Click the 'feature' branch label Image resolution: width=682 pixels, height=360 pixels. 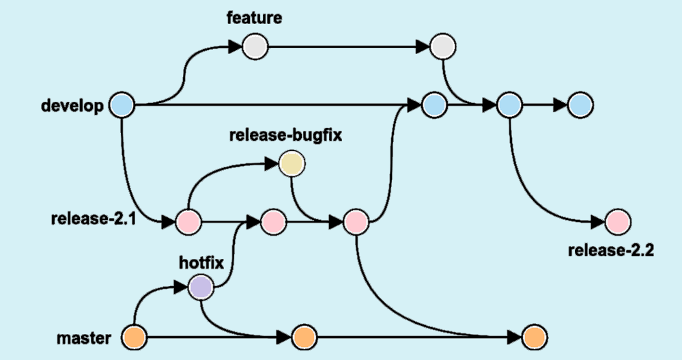pos(254,18)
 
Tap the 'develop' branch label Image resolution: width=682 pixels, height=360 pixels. pos(72,106)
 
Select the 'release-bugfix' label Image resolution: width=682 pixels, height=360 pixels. pos(285,134)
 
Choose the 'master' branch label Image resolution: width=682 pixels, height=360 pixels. pos(83,337)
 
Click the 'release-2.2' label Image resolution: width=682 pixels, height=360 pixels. pos(611,250)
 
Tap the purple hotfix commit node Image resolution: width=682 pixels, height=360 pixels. pos(201,287)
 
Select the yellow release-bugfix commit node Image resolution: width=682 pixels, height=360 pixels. pos(292,164)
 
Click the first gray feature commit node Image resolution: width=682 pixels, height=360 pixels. pos(255,47)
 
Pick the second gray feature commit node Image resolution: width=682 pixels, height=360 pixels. pos(442,47)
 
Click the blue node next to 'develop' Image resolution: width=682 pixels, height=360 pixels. pos(122,105)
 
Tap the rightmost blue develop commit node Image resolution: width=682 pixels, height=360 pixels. pos(580,105)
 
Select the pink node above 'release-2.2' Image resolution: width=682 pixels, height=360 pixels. pos(618,222)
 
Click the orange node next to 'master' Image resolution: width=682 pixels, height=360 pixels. pos(133,337)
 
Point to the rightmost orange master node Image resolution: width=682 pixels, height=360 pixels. pos(534,337)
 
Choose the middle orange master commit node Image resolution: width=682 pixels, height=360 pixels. pos(304,337)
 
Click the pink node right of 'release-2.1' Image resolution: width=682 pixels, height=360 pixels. pos(188,222)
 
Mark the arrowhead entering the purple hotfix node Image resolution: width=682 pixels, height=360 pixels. pos(182,287)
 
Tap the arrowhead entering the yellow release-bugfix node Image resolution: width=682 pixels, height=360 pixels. pos(272,164)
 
